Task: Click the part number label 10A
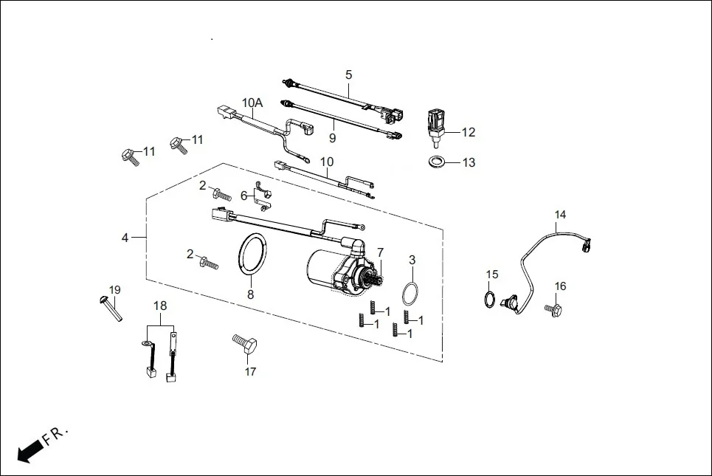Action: pos(252,103)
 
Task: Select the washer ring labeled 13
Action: pos(436,161)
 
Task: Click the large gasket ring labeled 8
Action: pos(252,255)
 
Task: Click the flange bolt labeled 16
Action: pos(553,309)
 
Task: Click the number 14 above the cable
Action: pos(561,215)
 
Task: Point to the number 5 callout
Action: pos(349,75)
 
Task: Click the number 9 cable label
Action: pos(333,137)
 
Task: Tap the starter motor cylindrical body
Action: pos(322,266)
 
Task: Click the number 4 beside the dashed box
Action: pos(125,238)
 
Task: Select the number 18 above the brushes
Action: pos(160,306)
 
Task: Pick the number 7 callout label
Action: pos(381,252)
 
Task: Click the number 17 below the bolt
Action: pos(250,372)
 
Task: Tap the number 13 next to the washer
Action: pos(469,162)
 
